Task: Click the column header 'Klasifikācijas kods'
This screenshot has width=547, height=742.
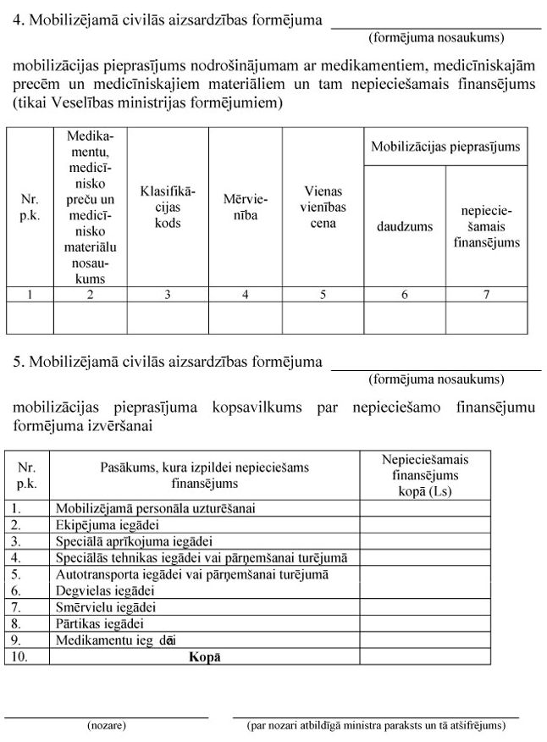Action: (x=168, y=207)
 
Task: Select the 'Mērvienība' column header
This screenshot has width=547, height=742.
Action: (x=246, y=207)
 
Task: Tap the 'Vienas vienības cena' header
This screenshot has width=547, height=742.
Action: (x=323, y=208)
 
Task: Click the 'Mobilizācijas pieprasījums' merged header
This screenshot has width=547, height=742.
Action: (x=445, y=147)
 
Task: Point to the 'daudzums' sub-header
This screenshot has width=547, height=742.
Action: (x=405, y=226)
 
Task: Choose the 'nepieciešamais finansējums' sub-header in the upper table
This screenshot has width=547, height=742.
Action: (x=486, y=226)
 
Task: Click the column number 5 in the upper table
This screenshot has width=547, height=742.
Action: (x=323, y=295)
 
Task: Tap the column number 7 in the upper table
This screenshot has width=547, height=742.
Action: (x=486, y=295)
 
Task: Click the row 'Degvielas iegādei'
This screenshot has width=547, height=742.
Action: (x=105, y=590)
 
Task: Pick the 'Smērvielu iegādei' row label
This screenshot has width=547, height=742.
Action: (x=106, y=607)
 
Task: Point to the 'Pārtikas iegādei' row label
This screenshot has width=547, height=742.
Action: (x=100, y=623)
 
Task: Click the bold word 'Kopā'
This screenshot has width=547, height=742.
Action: (x=205, y=656)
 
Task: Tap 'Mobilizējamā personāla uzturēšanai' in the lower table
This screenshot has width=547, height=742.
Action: (x=156, y=508)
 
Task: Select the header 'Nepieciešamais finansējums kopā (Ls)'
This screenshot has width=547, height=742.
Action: (x=425, y=475)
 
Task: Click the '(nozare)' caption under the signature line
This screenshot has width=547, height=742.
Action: (x=107, y=726)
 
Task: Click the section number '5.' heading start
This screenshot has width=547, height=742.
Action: (x=18, y=363)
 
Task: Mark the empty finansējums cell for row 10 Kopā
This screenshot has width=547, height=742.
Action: (x=425, y=656)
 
